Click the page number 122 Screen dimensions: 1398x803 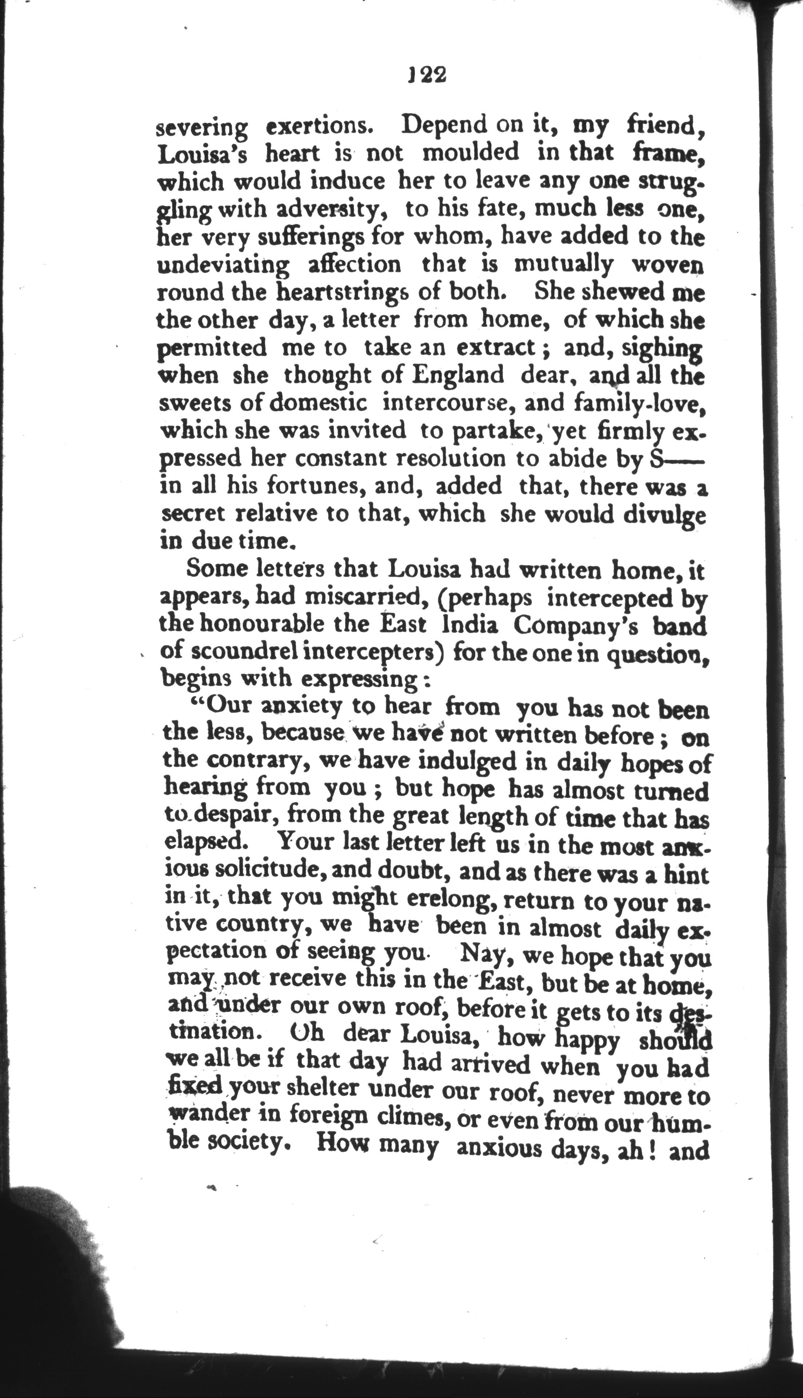click(x=426, y=75)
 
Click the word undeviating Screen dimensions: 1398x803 click(x=223, y=265)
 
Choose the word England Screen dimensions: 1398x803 click(x=458, y=375)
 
